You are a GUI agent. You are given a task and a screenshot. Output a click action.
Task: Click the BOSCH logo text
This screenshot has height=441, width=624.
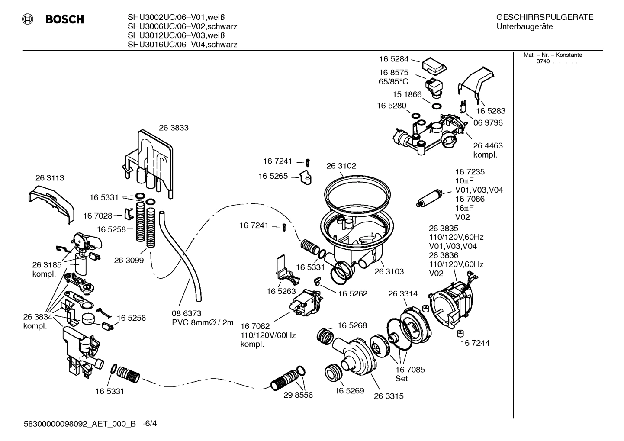click(64, 19)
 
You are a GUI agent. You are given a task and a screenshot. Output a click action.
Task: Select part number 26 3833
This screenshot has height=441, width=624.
click(174, 128)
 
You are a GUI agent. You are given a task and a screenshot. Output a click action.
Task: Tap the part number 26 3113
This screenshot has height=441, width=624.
click(50, 178)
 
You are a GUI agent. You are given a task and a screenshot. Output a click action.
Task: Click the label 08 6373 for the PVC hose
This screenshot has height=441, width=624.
click(187, 313)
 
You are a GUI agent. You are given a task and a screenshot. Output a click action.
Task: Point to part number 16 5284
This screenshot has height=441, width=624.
click(394, 59)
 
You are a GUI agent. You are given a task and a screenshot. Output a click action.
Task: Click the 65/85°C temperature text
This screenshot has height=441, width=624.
click(393, 81)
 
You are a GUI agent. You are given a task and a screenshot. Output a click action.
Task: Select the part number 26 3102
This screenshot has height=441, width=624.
click(341, 166)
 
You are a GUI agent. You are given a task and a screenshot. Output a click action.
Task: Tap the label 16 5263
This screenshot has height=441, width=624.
click(281, 291)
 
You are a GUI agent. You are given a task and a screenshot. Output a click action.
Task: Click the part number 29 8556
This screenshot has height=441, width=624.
click(298, 395)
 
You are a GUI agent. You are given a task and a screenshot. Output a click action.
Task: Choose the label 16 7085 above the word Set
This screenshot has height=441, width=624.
click(410, 369)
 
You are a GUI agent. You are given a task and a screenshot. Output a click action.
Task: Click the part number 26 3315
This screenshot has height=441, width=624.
click(389, 396)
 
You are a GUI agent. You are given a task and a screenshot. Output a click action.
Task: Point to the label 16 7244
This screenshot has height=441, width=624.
click(475, 343)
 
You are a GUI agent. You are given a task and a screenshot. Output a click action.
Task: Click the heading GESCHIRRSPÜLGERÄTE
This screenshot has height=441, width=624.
click(544, 18)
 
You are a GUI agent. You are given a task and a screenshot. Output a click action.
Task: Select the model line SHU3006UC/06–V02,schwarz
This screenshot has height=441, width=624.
click(182, 26)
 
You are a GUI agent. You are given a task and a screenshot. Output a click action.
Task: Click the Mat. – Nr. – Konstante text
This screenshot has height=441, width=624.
click(553, 55)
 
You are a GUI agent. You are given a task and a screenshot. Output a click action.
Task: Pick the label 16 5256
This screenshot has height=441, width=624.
click(131, 318)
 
